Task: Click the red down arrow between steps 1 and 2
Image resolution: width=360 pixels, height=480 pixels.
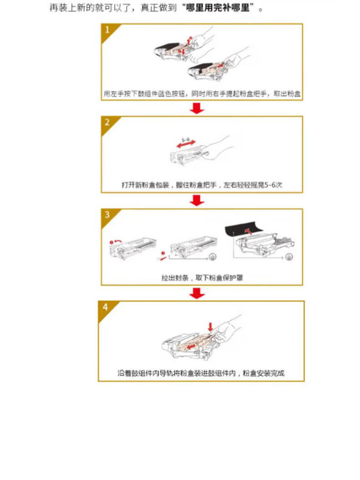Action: coord(197,108)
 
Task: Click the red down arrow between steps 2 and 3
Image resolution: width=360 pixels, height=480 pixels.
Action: coord(197,200)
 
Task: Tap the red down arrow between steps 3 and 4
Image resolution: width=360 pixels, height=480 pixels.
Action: coord(197,293)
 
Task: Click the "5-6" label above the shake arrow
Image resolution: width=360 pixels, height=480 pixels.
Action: coord(186,140)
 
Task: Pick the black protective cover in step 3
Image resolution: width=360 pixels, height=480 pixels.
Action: coord(244,231)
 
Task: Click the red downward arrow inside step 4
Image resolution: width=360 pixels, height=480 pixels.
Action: coord(210,327)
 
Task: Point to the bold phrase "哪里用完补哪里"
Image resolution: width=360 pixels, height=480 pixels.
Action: coord(217,8)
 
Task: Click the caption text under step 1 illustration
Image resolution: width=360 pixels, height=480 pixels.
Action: coord(202,94)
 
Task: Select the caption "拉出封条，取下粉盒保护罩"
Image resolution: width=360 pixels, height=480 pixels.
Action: coord(202,278)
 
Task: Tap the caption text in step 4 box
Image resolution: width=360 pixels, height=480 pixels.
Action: coord(201,373)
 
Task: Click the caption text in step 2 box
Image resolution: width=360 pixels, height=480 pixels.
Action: coord(202,185)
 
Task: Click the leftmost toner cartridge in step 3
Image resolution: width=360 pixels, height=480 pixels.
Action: coord(133,248)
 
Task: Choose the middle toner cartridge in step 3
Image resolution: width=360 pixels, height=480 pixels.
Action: coord(193,247)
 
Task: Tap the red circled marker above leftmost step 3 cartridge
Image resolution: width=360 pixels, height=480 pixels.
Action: coord(112,242)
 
